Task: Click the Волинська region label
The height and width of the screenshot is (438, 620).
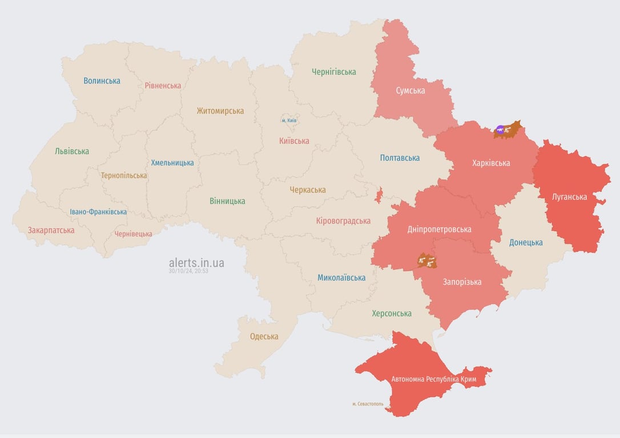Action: [102, 81]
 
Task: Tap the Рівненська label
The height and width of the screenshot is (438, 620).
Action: [163, 86]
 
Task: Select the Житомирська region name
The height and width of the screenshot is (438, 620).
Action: [220, 111]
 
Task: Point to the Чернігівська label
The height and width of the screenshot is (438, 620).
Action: [333, 72]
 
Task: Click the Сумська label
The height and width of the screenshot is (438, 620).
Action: [410, 91]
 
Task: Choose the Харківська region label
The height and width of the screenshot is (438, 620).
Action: [491, 163]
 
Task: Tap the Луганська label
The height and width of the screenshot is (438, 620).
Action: [569, 197]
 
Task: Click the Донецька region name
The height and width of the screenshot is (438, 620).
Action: [526, 242]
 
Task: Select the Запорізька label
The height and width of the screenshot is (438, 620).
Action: [462, 282]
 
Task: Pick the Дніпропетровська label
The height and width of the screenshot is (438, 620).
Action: [439, 229]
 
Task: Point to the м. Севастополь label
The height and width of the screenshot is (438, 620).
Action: [368, 404]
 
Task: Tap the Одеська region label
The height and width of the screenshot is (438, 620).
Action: [264, 336]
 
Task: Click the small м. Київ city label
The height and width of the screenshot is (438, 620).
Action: [289, 120]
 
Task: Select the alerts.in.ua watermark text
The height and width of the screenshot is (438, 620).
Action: [196, 263]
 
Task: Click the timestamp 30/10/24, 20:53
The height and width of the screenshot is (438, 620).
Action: [188, 271]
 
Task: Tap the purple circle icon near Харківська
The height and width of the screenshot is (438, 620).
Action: [501, 130]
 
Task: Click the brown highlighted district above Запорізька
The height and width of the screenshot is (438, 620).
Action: [427, 261]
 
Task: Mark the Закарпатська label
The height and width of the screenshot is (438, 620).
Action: [51, 230]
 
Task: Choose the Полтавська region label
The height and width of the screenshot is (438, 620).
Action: [400, 158]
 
